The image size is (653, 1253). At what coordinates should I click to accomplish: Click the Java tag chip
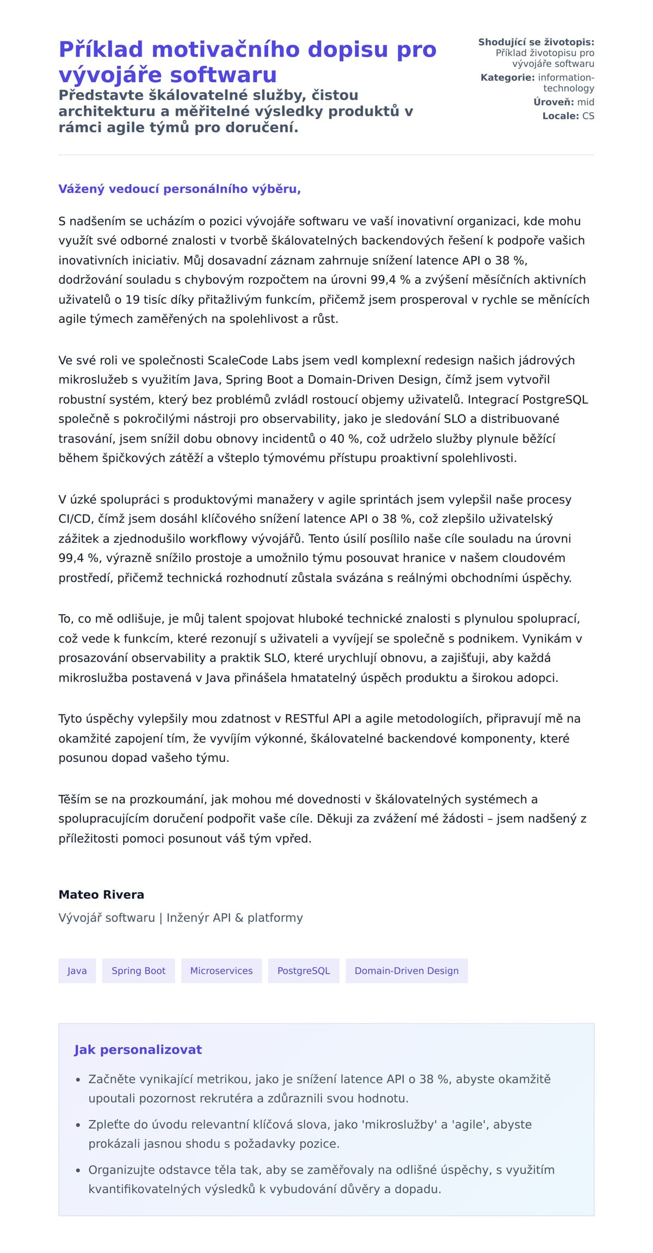77,970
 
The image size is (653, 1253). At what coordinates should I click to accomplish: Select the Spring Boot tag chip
138,970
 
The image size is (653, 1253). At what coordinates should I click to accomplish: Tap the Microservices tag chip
221,970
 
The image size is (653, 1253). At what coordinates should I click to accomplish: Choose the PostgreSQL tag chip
304,970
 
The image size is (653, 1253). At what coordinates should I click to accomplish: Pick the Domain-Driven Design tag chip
406,970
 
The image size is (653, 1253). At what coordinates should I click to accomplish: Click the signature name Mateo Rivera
101,895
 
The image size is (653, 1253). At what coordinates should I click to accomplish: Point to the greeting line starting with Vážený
180,189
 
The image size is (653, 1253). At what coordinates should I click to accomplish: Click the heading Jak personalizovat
138,1050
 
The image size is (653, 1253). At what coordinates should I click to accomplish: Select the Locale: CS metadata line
568,116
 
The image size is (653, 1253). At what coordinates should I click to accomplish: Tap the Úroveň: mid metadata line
564,102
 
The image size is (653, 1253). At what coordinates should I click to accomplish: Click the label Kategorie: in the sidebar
507,77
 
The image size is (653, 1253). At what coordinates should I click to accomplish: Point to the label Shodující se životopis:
536,42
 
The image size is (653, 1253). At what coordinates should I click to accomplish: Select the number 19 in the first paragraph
133,300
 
